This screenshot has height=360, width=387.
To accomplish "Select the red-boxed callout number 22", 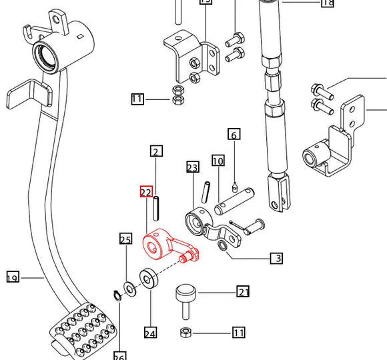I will point(146,192).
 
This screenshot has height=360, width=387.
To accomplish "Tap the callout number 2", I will point(156,152).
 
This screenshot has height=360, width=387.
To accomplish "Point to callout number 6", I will point(234,135).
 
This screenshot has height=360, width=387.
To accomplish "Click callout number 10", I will point(218,161).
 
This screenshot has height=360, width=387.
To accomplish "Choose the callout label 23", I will point(193,167).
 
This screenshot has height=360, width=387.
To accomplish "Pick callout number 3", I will point(276,258).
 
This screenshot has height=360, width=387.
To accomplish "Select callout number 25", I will point(125,239).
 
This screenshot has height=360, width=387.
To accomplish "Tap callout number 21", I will point(243,291).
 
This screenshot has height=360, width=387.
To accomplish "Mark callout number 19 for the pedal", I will point(13,277).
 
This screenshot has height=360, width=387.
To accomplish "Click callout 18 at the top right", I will point(327,3).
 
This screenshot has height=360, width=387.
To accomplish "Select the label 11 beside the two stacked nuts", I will point(137,100).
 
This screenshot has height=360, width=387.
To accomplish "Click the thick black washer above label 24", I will point(147,277).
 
